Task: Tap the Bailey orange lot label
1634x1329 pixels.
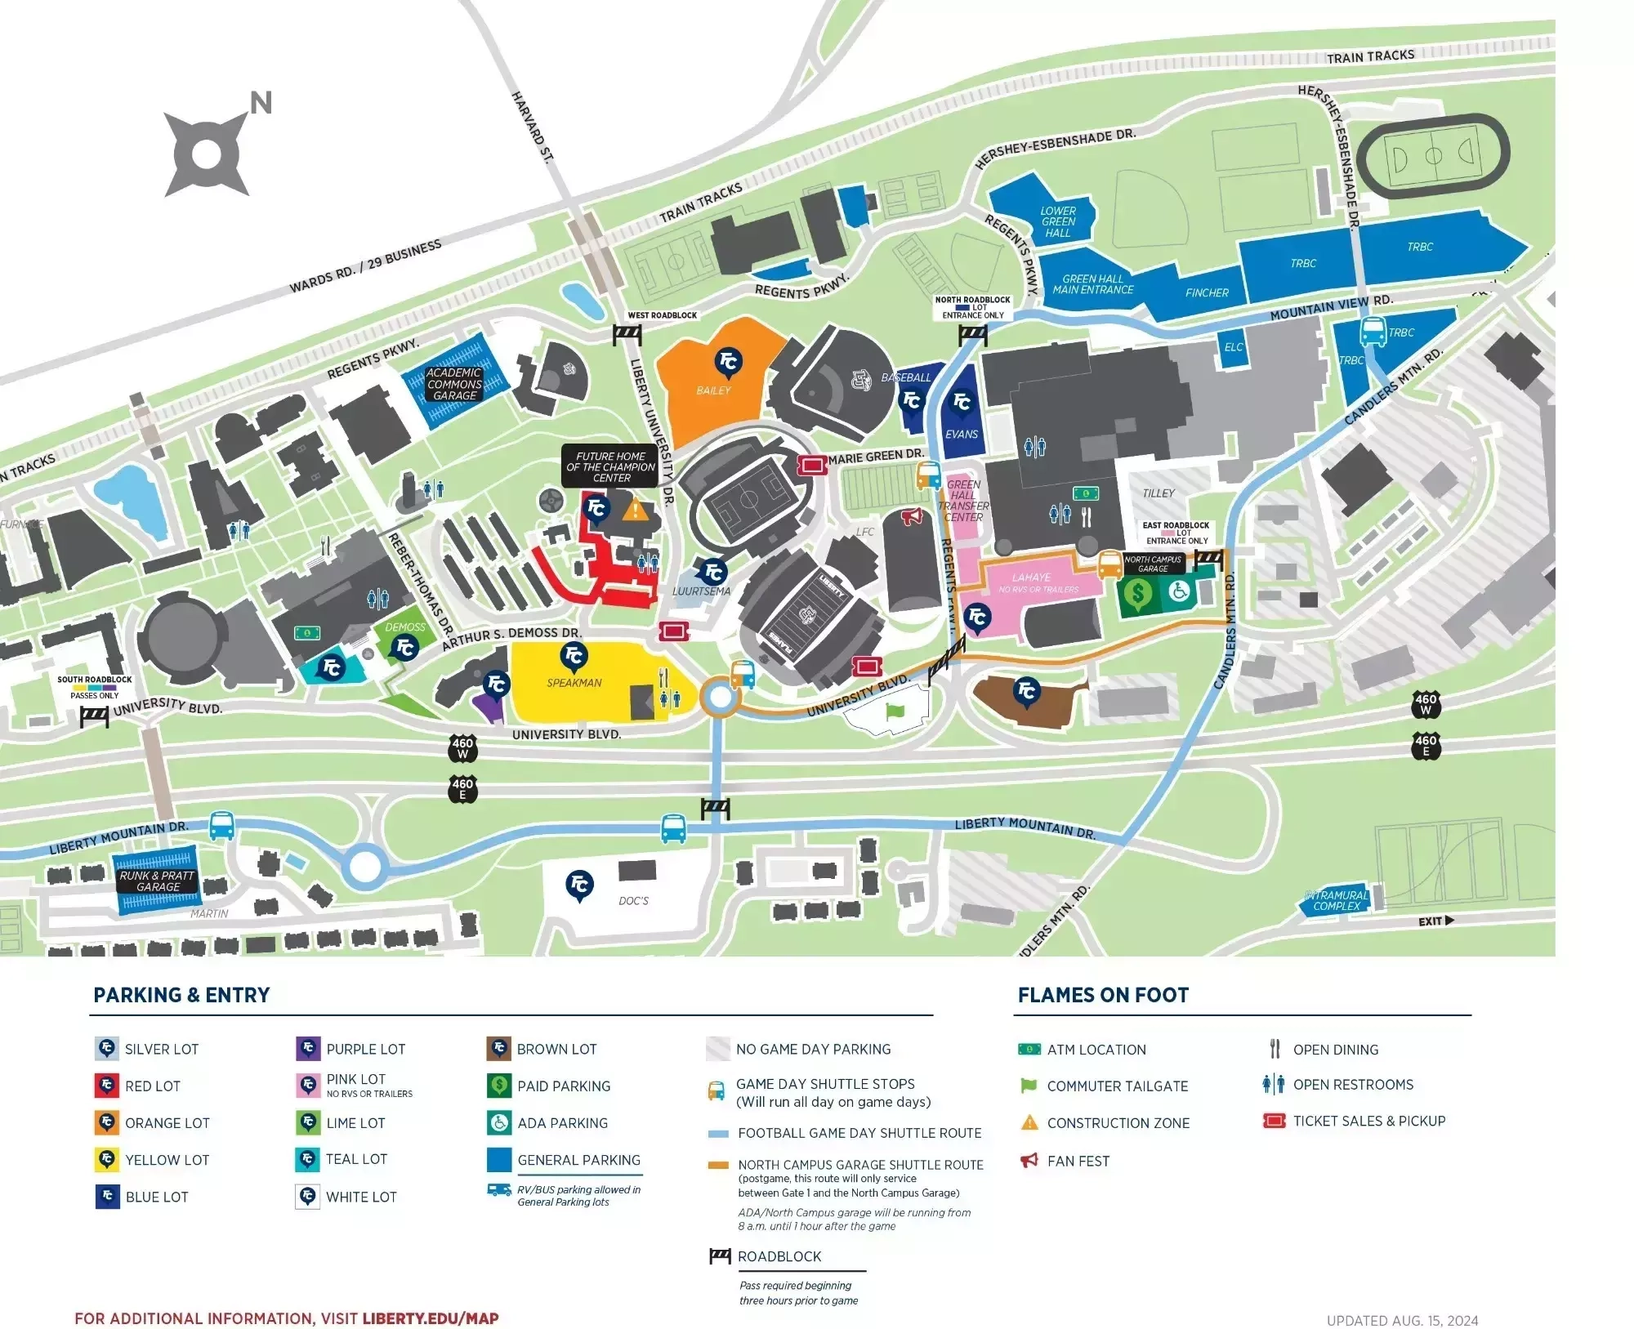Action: pos(713,390)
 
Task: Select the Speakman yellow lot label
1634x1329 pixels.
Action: pos(574,683)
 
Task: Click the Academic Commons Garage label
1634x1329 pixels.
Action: pos(454,384)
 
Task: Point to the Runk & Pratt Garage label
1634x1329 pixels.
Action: pos(157,881)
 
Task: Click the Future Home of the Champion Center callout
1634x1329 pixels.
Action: pos(610,467)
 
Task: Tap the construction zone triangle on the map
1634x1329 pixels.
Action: pos(635,511)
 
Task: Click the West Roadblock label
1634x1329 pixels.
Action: pos(662,315)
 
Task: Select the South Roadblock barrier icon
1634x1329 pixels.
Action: pos(95,716)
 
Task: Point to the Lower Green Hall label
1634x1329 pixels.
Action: pos(1058,221)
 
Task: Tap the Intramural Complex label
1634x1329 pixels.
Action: pos(1337,900)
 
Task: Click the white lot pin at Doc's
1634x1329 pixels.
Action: pos(579,885)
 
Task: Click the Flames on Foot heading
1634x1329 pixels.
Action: pos(1103,995)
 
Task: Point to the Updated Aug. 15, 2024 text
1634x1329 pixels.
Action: pos(1402,1320)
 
